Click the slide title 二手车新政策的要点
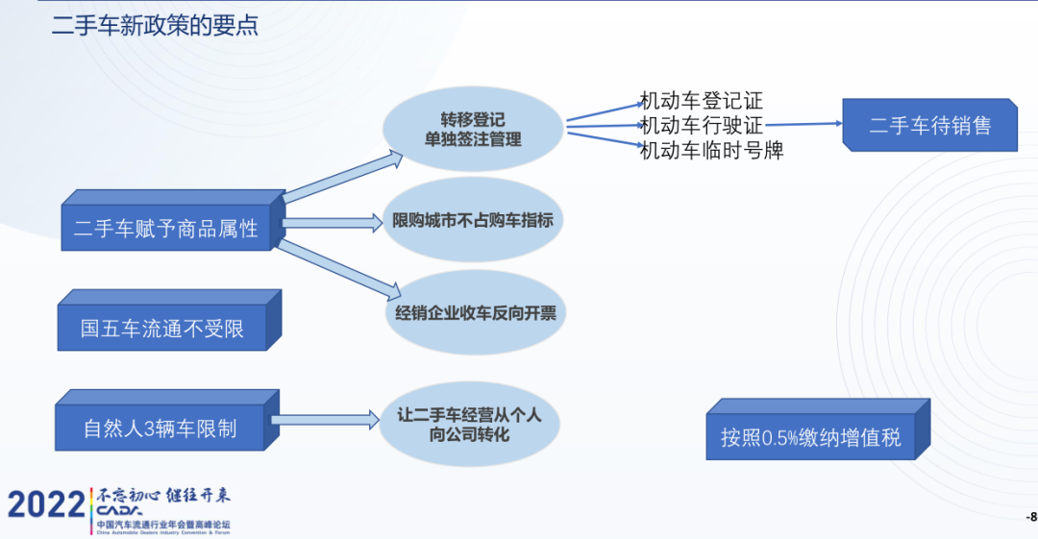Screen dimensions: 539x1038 point(155,26)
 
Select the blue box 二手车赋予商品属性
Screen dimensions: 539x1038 point(166,229)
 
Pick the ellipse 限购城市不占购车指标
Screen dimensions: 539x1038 point(473,220)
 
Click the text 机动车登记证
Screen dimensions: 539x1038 point(702,101)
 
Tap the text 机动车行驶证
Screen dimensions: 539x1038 point(702,125)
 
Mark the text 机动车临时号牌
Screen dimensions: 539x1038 point(711,150)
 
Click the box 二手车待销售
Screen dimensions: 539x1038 point(929,125)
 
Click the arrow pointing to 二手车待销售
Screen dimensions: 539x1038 point(803,124)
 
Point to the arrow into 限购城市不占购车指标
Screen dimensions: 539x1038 point(333,223)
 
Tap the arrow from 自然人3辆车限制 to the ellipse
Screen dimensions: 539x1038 point(326,419)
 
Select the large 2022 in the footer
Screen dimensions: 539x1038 point(46,504)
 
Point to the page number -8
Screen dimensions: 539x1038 point(1030,517)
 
